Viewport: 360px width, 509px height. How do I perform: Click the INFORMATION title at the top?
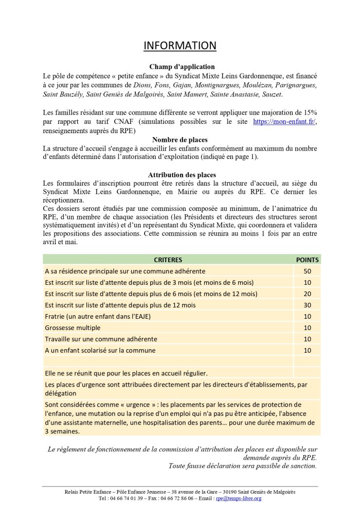(x=179, y=45)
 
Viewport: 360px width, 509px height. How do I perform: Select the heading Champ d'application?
(x=182, y=67)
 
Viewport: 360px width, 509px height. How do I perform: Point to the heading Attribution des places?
(x=182, y=175)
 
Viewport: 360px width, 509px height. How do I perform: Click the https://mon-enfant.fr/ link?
(x=285, y=121)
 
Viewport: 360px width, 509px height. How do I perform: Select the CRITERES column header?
(x=168, y=260)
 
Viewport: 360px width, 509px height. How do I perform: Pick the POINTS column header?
(x=307, y=260)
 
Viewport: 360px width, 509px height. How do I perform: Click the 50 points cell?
(x=307, y=271)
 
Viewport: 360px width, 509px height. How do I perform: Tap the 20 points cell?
(x=307, y=294)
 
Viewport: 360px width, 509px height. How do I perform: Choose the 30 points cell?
(x=307, y=305)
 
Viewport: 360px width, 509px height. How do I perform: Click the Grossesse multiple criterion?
(x=73, y=328)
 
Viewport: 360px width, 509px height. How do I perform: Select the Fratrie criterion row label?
(x=98, y=316)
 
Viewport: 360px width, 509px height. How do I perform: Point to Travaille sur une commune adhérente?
(x=101, y=339)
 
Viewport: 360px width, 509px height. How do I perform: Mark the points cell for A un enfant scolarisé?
(x=307, y=350)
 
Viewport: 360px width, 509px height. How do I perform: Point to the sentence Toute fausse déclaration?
(x=243, y=466)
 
